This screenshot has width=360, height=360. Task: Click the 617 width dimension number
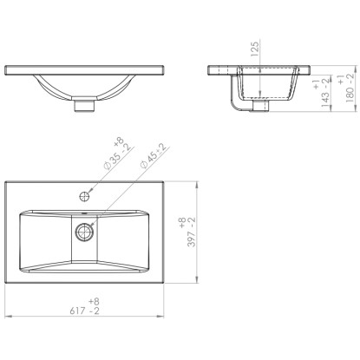tap(78, 311)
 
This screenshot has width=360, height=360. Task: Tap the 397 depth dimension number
tap(192, 239)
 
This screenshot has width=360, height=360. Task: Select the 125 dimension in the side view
tap(254, 49)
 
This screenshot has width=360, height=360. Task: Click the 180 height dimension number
tap(350, 95)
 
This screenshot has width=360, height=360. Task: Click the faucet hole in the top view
tap(84, 196)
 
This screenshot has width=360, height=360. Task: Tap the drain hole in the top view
tap(84, 232)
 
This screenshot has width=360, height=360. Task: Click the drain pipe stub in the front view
tap(84, 106)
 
